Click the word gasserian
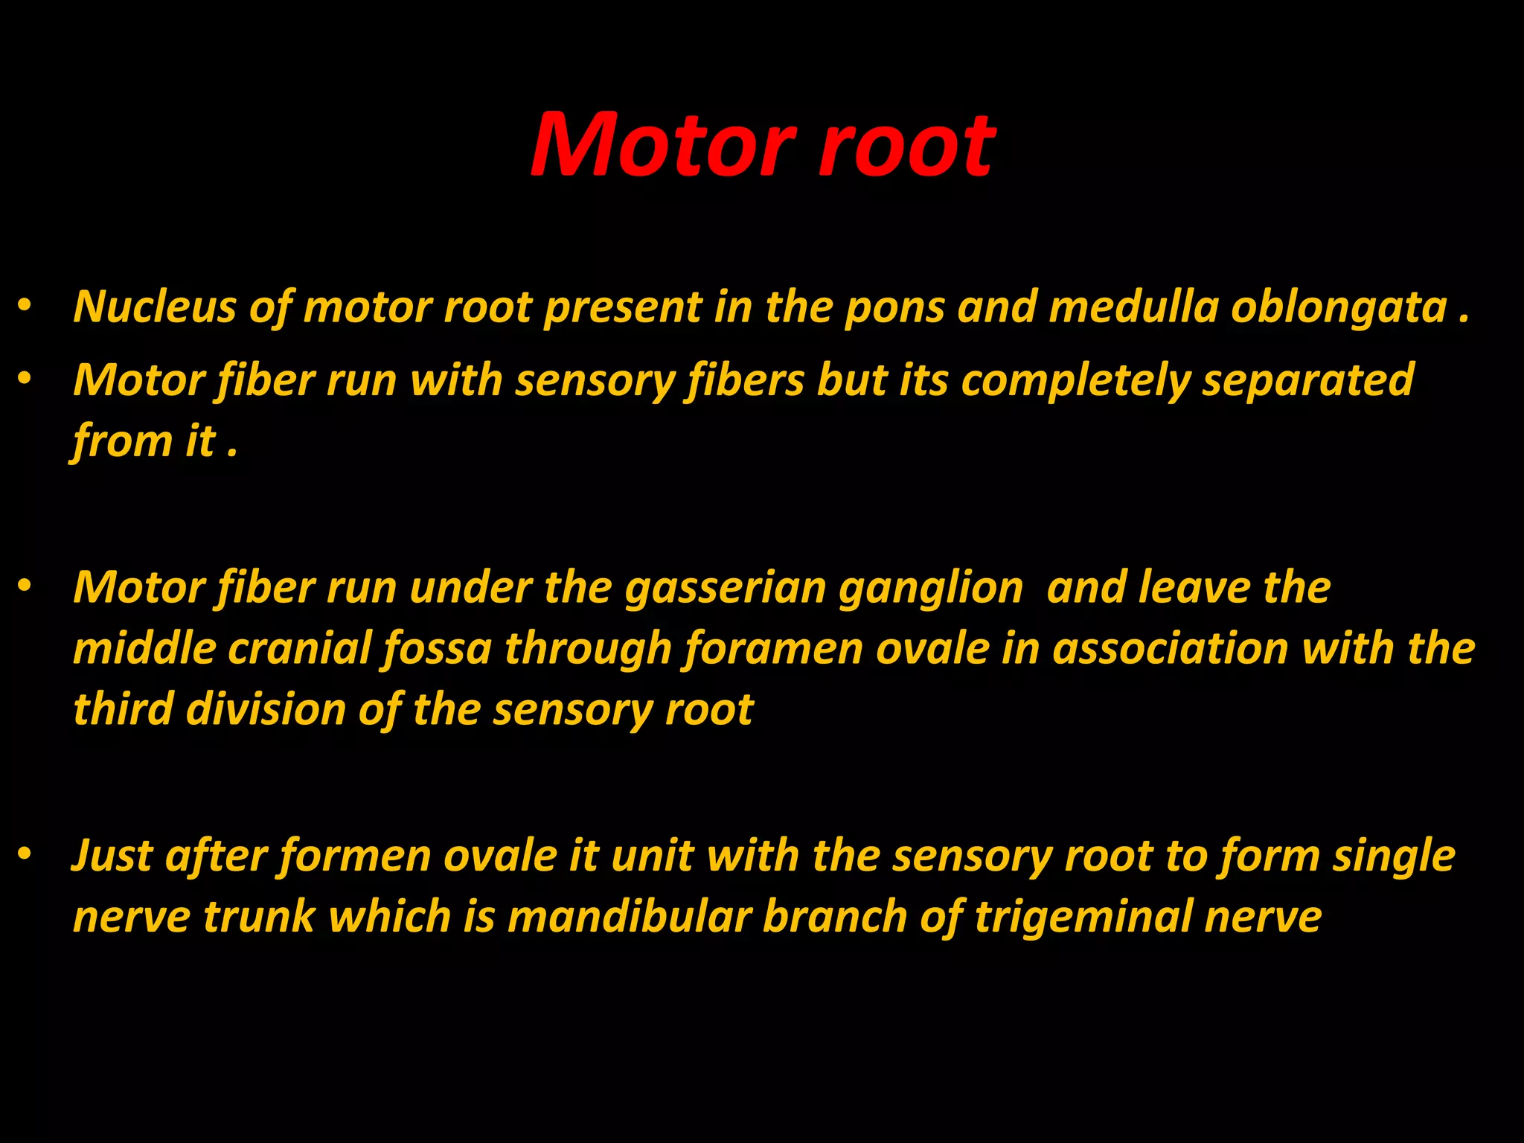coord(726,589)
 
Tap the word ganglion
coord(931,589)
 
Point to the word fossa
coord(437,648)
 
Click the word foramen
coord(773,648)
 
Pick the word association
coord(1170,648)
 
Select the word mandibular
coord(629,916)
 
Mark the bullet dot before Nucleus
coord(25,306)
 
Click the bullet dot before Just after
coord(25,855)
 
